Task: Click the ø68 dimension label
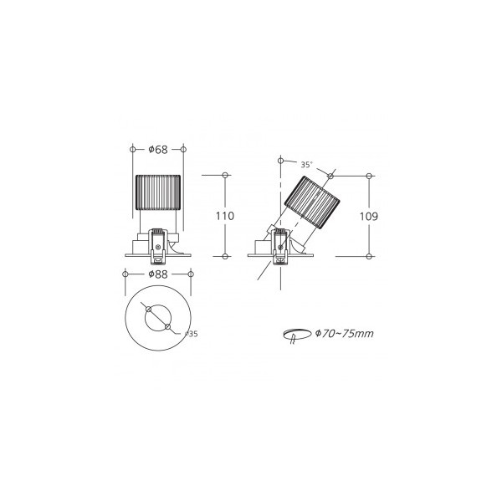[x=158, y=150]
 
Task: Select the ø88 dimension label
[x=158, y=274]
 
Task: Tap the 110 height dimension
[x=225, y=216]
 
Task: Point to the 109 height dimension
[x=369, y=217]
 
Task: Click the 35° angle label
[x=306, y=165]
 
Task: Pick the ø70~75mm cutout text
[x=345, y=334]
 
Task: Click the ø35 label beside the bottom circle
[x=192, y=334]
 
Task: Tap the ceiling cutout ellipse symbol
[x=297, y=334]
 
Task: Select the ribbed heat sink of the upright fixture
[x=158, y=192]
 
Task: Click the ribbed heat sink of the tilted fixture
[x=312, y=202]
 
